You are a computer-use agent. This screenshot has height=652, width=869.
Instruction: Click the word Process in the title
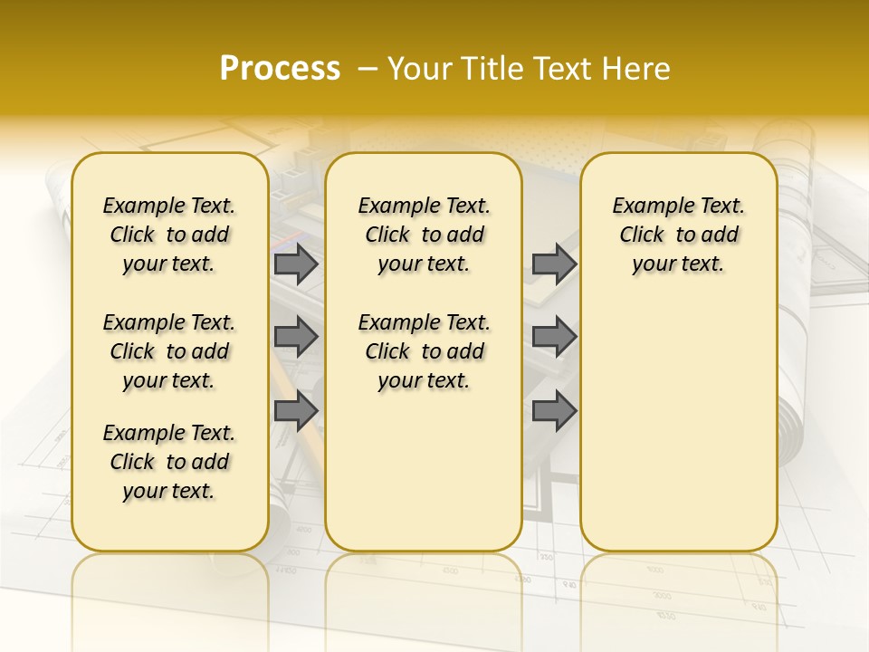280,69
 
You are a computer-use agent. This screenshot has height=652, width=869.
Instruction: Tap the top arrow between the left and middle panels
296,264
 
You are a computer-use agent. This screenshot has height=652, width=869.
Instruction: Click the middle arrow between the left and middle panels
296,337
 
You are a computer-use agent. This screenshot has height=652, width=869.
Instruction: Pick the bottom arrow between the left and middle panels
296,411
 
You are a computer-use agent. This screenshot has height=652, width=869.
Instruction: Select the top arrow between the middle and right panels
554,264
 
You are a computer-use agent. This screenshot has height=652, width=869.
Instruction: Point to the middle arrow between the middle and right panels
554,337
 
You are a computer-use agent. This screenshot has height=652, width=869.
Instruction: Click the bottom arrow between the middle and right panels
554,411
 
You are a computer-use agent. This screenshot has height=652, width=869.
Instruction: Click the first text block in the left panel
169,235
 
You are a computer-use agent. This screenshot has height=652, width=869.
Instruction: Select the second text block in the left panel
169,351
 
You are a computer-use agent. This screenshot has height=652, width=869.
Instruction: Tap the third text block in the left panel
169,462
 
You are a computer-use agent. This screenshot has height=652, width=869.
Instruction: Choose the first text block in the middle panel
424,235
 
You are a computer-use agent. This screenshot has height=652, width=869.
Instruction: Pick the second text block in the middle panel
424,351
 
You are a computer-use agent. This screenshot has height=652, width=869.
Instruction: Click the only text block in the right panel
678,235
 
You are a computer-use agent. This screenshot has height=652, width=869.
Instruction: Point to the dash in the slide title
368,69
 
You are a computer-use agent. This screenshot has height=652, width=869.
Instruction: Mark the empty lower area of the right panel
678,426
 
